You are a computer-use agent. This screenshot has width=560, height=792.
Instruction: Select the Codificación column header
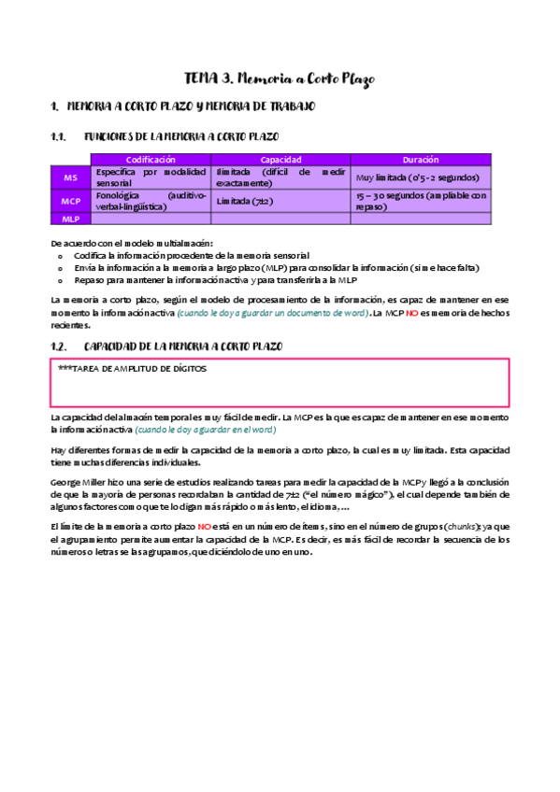click(x=151, y=160)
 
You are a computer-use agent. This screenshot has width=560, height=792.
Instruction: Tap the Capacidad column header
click(x=280, y=160)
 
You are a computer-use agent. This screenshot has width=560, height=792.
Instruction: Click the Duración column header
click(x=421, y=160)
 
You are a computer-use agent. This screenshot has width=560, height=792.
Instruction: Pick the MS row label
click(x=71, y=177)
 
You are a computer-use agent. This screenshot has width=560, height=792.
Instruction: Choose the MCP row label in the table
click(x=71, y=201)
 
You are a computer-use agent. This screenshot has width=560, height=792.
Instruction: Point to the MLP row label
click(x=71, y=219)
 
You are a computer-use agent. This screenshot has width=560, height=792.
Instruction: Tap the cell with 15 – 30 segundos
click(x=421, y=201)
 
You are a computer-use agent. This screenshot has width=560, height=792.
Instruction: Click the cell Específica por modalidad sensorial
click(x=151, y=177)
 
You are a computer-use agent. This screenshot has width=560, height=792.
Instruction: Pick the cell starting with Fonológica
click(x=151, y=201)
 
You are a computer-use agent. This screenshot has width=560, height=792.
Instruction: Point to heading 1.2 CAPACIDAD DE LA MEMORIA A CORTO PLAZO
click(x=216, y=346)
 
